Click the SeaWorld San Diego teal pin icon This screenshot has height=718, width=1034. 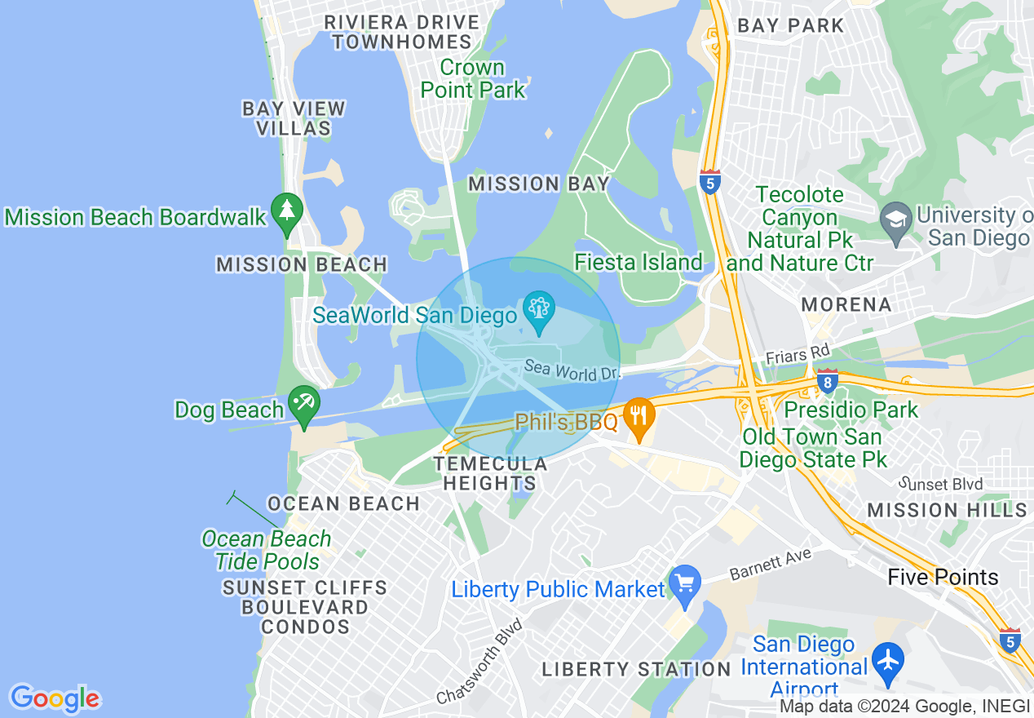pos(538,312)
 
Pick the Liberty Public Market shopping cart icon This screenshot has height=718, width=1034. pos(684,584)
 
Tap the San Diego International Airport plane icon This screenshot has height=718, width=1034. pos(887,658)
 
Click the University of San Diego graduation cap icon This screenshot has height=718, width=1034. pos(896,221)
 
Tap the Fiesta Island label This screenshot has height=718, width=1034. pos(639,262)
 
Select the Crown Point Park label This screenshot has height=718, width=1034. pos(473,78)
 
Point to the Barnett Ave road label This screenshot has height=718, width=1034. pos(771,565)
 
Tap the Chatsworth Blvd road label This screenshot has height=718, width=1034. pos(479,661)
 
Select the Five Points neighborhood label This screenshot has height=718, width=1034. pos(943,578)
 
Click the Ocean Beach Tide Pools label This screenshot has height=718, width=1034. pos(267,550)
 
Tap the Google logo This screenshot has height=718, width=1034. pos(55,698)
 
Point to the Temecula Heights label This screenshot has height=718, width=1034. pos(490,473)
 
